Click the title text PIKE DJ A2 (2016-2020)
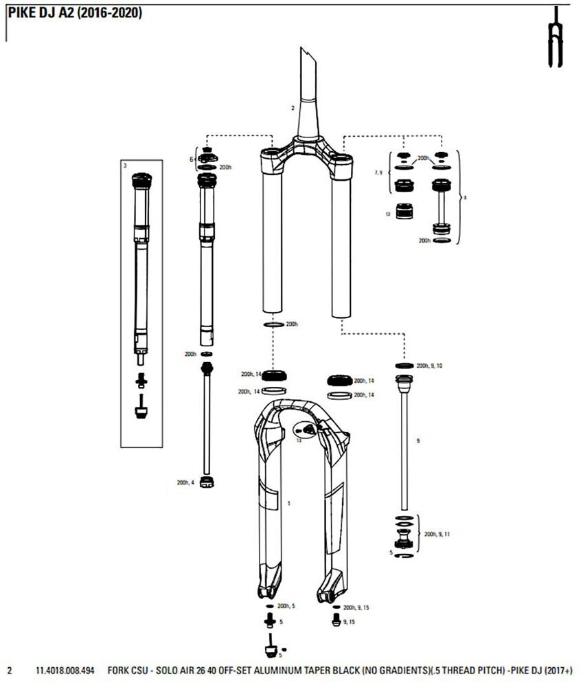point(76,13)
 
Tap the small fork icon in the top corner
point(554,38)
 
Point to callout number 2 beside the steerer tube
point(292,108)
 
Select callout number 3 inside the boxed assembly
point(125,166)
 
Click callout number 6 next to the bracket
point(192,159)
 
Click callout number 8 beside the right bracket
point(466,197)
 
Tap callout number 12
point(388,214)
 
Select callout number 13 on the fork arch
point(299,440)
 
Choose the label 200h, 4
point(185,482)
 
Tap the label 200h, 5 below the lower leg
point(286,607)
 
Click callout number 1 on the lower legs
point(289,504)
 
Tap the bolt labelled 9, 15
point(335,620)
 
